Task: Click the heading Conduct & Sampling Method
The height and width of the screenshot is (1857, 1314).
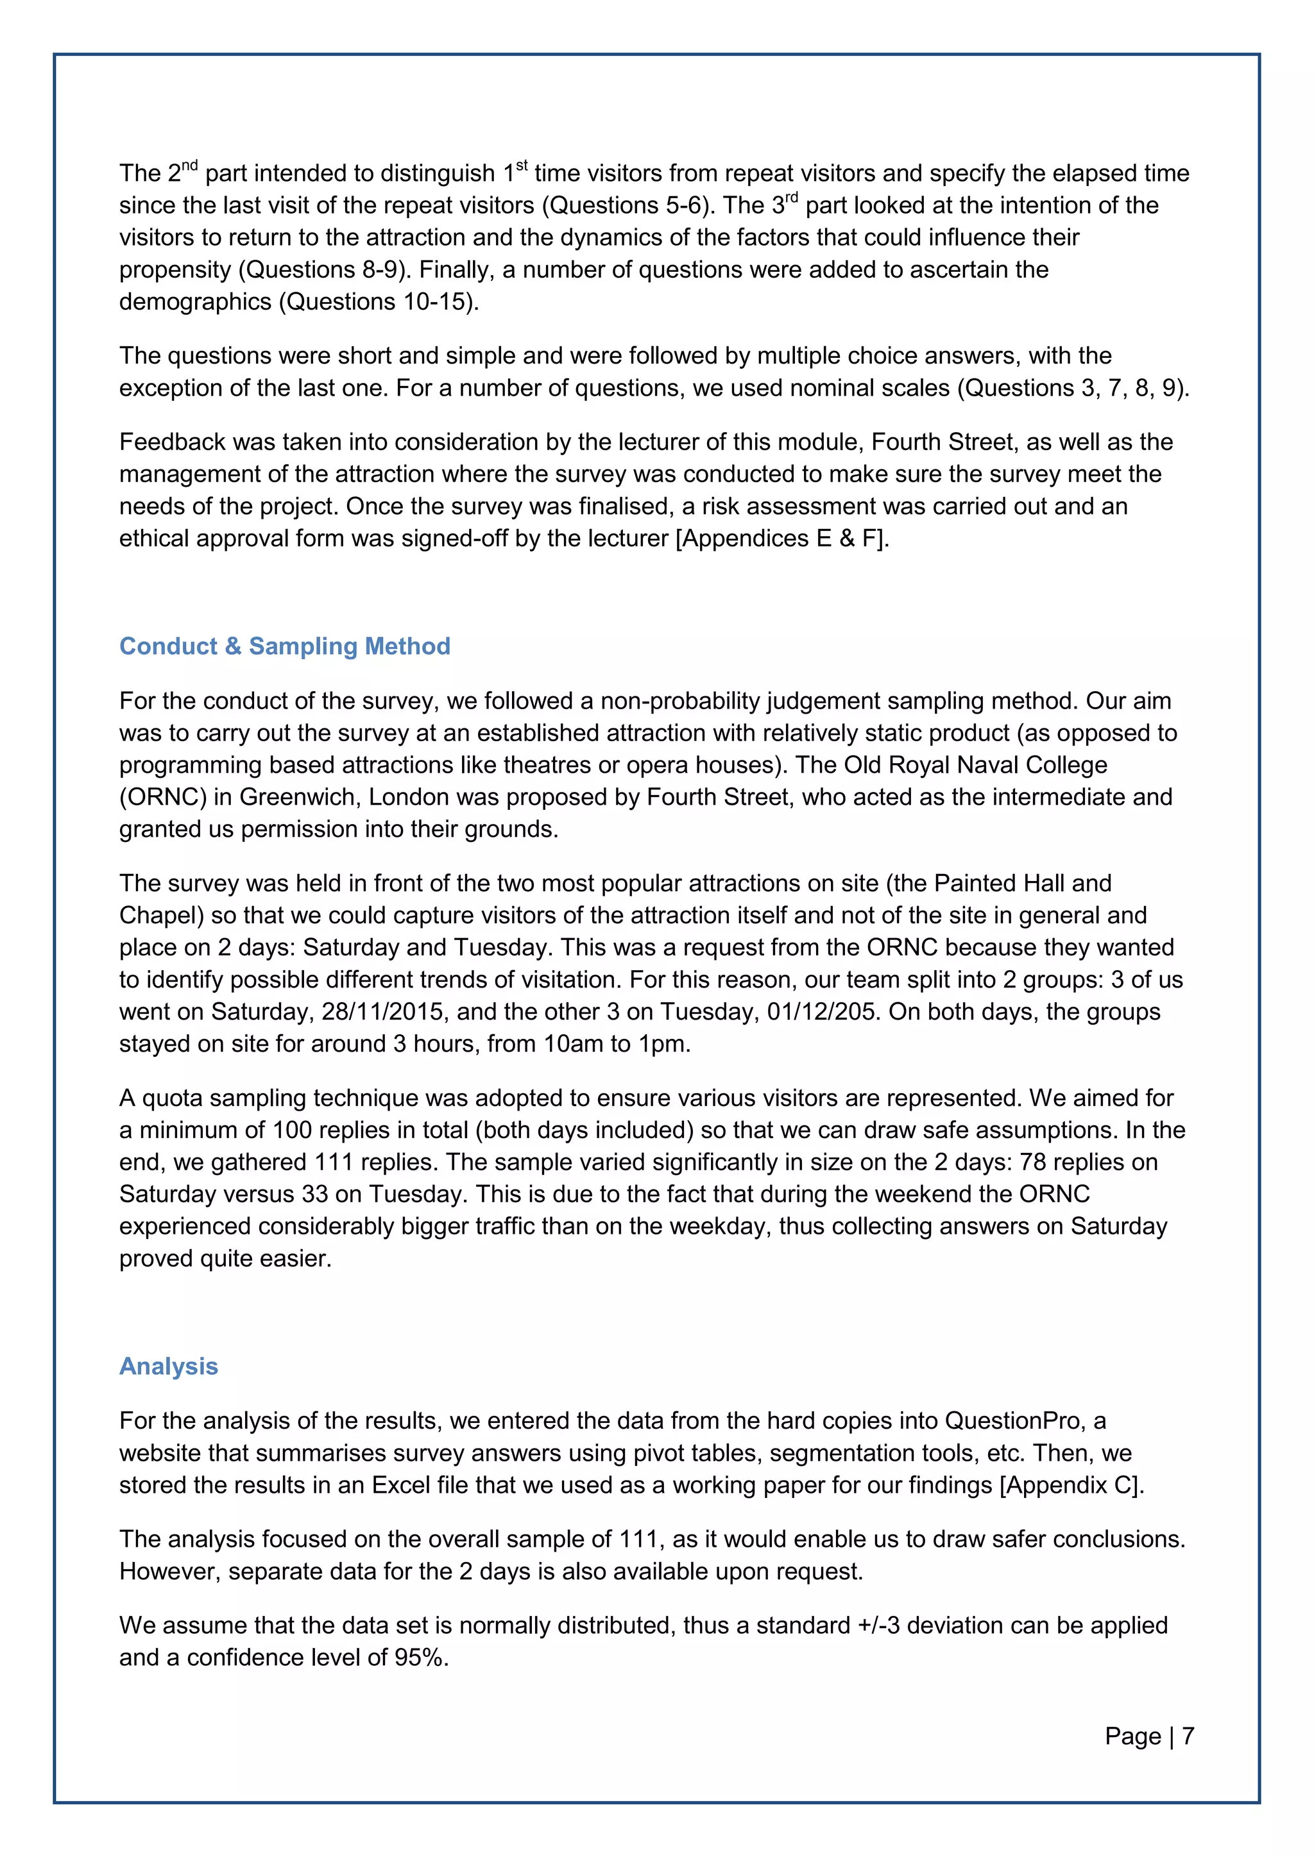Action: coord(285,646)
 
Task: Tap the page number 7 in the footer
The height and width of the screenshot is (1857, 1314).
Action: coord(1188,1736)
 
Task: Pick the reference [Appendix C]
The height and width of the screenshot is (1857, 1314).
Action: coord(1071,1485)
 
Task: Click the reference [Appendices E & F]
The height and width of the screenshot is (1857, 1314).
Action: coord(781,538)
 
